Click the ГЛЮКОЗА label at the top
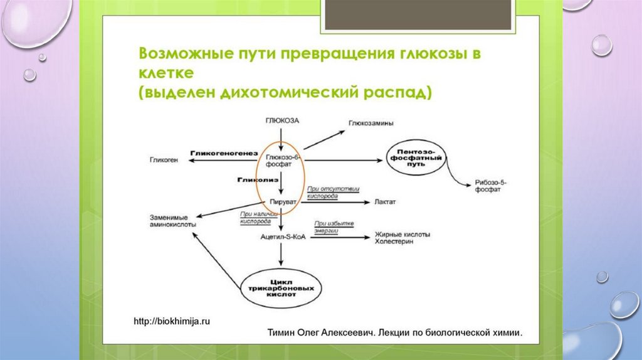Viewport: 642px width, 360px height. click(x=282, y=119)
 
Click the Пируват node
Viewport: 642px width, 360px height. click(x=282, y=203)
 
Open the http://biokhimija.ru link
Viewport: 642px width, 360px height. click(x=172, y=320)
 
